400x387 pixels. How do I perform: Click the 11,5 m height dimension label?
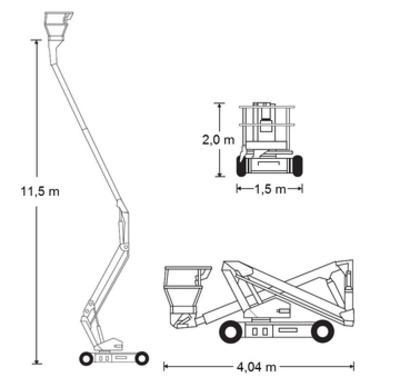point(40,192)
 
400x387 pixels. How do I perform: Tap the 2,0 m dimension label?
point(218,140)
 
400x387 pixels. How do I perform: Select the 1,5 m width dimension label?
point(270,189)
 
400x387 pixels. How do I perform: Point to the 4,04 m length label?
point(257,367)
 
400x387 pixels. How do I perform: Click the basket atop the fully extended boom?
point(58,26)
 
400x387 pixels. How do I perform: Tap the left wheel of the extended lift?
point(86,359)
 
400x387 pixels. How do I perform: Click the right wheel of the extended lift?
point(142,358)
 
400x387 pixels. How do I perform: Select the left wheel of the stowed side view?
point(231,331)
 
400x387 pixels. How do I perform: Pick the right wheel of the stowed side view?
point(322,331)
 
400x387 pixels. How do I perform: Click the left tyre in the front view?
point(241,166)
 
